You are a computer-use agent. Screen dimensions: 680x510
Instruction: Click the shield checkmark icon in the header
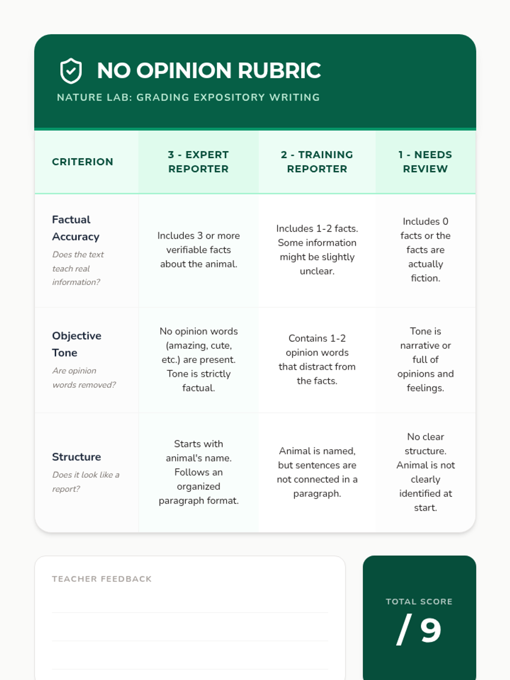point(71,71)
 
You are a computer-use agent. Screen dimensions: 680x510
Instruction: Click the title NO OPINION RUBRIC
point(209,71)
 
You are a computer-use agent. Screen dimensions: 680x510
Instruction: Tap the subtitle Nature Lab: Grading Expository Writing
point(188,97)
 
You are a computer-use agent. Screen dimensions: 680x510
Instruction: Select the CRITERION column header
point(82,162)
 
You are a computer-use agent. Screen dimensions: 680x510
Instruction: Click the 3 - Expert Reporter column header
point(198,162)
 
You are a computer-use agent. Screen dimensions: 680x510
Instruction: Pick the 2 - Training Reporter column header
point(317,162)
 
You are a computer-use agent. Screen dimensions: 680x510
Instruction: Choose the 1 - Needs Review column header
point(425,162)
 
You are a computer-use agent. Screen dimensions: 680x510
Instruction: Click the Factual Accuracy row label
point(76,228)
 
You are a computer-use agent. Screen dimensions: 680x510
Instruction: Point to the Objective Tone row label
point(76,344)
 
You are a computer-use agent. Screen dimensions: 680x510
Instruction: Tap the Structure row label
point(76,457)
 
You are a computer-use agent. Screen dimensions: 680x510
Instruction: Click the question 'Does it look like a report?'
point(85,482)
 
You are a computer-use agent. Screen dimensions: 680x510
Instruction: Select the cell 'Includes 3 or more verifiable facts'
point(198,250)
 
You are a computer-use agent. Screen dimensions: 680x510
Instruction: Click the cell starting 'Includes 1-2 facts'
point(317,250)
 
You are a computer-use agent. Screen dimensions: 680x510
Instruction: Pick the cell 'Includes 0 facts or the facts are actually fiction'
point(425,250)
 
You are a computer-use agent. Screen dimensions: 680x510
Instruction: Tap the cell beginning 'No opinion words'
point(198,360)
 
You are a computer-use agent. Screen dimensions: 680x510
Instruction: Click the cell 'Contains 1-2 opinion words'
point(317,360)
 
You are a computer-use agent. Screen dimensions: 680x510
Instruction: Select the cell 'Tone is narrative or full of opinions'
point(425,360)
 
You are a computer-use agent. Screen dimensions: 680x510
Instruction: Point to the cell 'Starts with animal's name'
point(198,472)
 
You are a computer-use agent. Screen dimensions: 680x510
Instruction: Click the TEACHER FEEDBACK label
point(102,579)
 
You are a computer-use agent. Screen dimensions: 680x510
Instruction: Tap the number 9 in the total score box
point(431,630)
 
